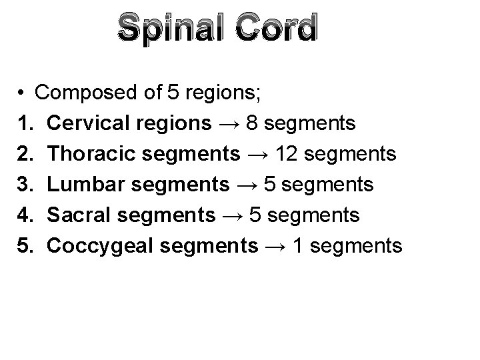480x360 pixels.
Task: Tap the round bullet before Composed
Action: click(22, 93)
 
